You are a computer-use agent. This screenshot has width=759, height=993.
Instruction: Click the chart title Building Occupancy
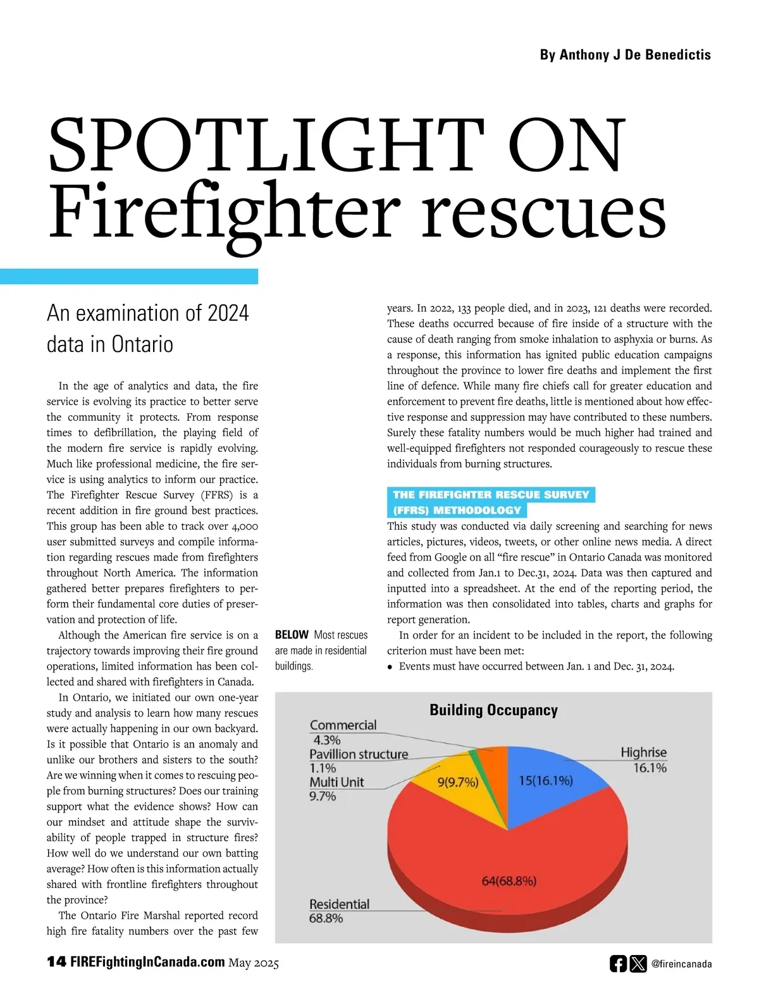pos(493,710)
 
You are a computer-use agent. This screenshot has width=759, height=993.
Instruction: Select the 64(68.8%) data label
pos(509,881)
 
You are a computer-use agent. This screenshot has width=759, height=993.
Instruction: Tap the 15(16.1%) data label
pos(545,780)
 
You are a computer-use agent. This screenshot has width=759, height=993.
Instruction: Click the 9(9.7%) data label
pos(457,782)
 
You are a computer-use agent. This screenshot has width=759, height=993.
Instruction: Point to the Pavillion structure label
pos(359,754)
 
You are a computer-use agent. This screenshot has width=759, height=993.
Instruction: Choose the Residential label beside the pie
pos(339,904)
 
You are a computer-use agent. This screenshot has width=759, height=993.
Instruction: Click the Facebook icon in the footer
pos(618,963)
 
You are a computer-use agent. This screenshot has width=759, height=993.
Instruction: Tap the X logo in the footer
pos(638,963)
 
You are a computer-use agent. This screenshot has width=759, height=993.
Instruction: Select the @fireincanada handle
pos(681,964)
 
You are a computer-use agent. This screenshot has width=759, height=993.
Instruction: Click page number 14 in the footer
pos(56,962)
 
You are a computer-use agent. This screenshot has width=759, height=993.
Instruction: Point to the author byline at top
pos(625,55)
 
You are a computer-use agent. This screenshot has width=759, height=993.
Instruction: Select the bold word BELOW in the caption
pos(292,635)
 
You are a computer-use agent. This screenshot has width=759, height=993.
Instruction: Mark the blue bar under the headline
pos(129,277)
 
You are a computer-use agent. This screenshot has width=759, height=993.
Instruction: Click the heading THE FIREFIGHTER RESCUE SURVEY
pos(491,495)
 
